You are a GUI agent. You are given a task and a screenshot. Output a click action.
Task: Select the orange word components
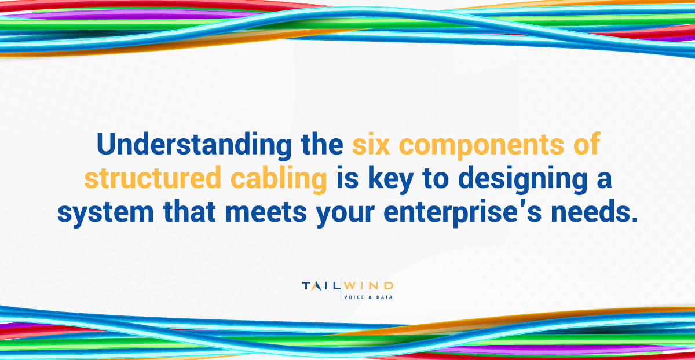click(x=481, y=146)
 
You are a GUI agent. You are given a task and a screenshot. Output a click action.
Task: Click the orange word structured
click(x=151, y=179)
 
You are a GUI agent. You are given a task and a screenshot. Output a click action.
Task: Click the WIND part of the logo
click(x=368, y=286)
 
